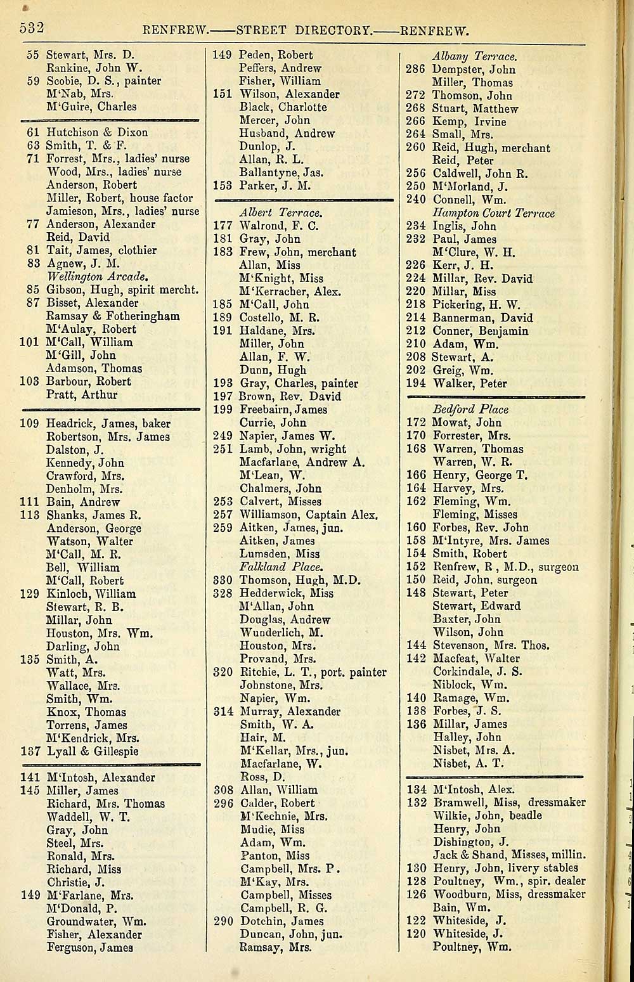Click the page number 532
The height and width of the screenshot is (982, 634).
click(31, 29)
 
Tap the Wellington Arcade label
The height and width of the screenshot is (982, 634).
click(97, 276)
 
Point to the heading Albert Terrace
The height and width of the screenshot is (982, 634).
click(280, 212)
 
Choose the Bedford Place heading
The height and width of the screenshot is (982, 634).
click(470, 409)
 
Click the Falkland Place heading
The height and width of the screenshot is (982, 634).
click(280, 567)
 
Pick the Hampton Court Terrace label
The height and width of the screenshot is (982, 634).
click(493, 213)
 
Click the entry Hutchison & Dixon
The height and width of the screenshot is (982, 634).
click(97, 132)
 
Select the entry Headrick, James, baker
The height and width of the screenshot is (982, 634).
click(108, 423)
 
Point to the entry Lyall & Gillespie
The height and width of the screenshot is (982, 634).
click(93, 751)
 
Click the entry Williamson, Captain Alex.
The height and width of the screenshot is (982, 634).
click(308, 515)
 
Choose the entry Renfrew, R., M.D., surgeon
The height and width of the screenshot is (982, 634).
click(505, 567)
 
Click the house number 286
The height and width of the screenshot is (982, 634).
click(415, 69)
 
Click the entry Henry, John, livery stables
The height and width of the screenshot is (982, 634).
click(505, 868)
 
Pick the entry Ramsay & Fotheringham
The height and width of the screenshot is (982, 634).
click(113, 316)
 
